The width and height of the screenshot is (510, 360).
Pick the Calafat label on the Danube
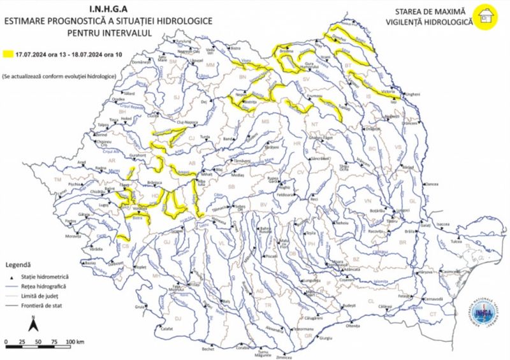[x=167, y=329]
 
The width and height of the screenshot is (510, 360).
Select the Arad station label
[x=81, y=162]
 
